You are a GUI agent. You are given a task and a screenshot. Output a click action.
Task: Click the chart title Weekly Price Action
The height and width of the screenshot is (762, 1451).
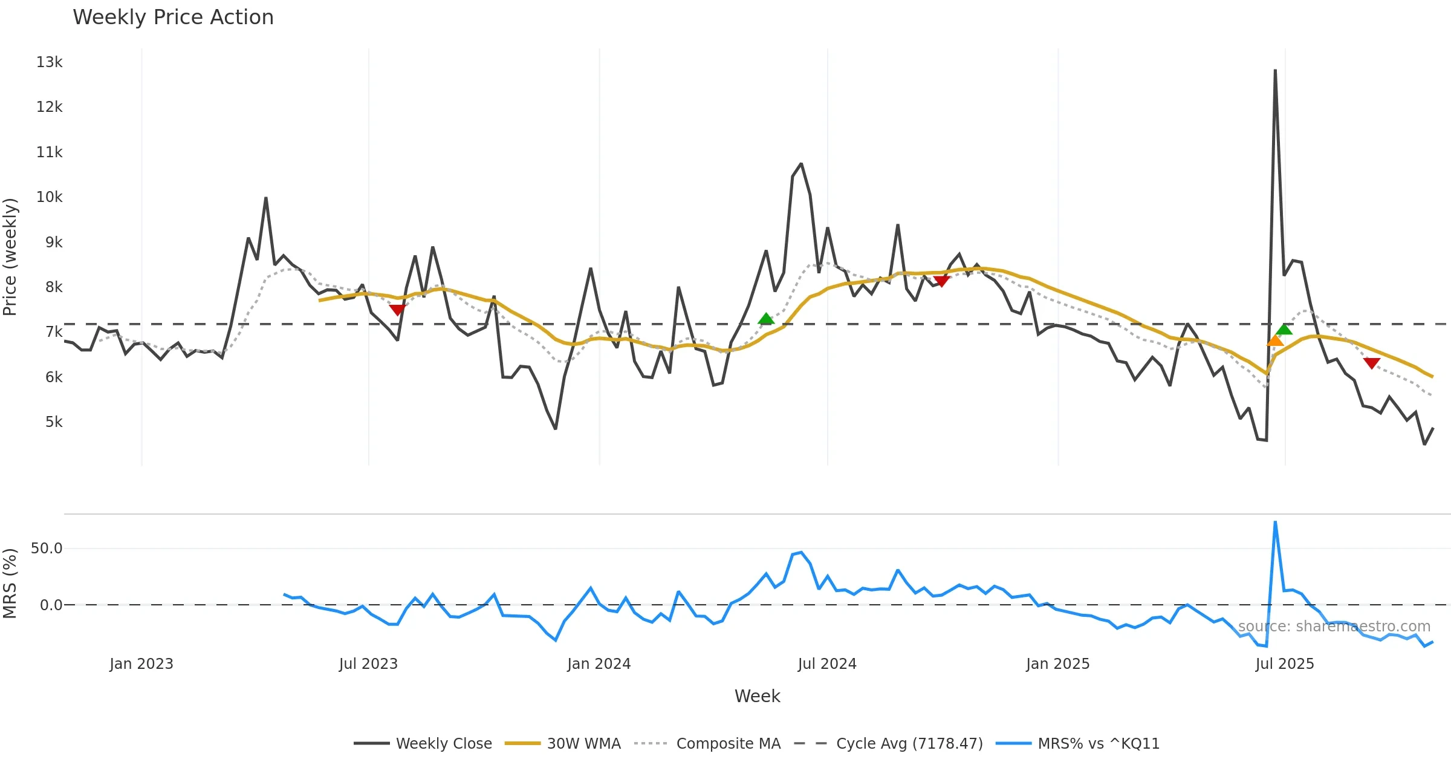coord(173,18)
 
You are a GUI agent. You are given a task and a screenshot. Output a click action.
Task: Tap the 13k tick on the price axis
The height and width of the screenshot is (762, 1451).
coord(49,62)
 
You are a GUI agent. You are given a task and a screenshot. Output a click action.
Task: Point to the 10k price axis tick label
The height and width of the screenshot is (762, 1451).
coord(49,197)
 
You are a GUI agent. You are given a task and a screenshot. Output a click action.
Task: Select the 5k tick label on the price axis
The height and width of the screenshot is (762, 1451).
coord(53,422)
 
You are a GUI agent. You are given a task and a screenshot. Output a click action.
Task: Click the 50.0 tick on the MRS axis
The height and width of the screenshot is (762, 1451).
coord(47,549)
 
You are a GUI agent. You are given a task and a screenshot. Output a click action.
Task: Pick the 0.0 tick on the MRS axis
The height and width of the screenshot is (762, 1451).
coord(51,605)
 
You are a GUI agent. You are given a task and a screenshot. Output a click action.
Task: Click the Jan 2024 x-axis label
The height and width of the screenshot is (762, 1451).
coord(599,664)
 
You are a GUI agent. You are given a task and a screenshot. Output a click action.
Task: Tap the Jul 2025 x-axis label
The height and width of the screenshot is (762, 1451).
coord(1285,664)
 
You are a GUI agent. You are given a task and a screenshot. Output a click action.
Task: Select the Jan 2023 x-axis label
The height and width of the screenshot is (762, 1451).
coord(141,664)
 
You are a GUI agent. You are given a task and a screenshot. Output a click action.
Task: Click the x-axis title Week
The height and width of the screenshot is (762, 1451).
coord(757,697)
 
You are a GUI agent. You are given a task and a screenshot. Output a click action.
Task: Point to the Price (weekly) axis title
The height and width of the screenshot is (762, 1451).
coord(10,257)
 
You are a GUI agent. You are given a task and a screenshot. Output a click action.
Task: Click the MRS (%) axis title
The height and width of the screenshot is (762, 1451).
coord(10,584)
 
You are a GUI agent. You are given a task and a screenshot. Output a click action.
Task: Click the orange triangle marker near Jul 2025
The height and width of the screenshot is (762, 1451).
coord(1275,341)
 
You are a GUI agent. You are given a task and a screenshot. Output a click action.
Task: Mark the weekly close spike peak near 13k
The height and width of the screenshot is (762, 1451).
coord(1275,71)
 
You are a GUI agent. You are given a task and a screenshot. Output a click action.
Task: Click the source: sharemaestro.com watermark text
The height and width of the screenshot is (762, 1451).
coord(1334,627)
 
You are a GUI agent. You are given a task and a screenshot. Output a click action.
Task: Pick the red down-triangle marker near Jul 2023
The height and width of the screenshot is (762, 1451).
coord(397,310)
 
